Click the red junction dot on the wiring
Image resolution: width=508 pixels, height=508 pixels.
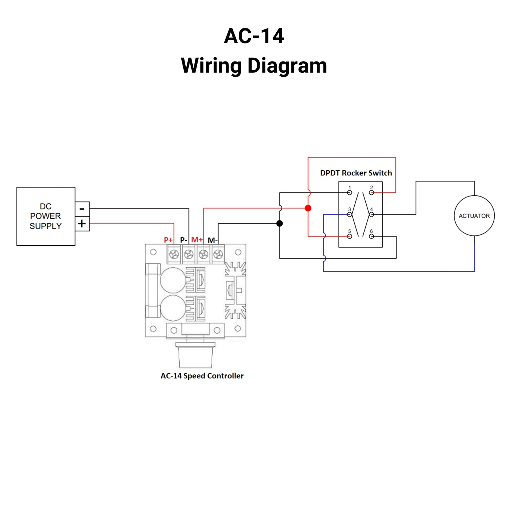(x=308, y=208)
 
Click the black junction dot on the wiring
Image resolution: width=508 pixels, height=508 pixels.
(x=279, y=223)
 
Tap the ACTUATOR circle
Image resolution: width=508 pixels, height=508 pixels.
(x=474, y=216)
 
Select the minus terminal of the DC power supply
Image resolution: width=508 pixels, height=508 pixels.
(x=82, y=209)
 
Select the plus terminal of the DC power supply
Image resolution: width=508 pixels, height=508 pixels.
(x=82, y=224)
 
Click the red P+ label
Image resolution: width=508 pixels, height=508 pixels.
(x=168, y=240)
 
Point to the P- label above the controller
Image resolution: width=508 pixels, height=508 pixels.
(x=184, y=240)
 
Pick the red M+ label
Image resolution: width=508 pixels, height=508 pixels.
(x=197, y=240)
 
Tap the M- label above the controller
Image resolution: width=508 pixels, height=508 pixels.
(x=213, y=240)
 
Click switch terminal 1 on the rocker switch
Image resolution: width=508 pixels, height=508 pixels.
(x=349, y=193)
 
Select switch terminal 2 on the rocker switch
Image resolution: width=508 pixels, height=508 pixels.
(x=371, y=193)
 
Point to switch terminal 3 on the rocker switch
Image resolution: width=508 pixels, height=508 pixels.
(x=349, y=214)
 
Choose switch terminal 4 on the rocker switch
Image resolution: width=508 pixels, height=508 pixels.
(x=371, y=214)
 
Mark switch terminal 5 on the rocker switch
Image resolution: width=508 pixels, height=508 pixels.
(x=349, y=236)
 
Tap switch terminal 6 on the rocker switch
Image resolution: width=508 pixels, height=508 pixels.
(x=371, y=236)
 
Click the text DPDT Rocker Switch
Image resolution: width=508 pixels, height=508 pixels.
(x=356, y=173)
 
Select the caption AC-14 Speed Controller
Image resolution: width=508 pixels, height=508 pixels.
(x=202, y=376)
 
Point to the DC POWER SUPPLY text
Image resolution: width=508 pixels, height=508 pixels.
(x=45, y=216)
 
